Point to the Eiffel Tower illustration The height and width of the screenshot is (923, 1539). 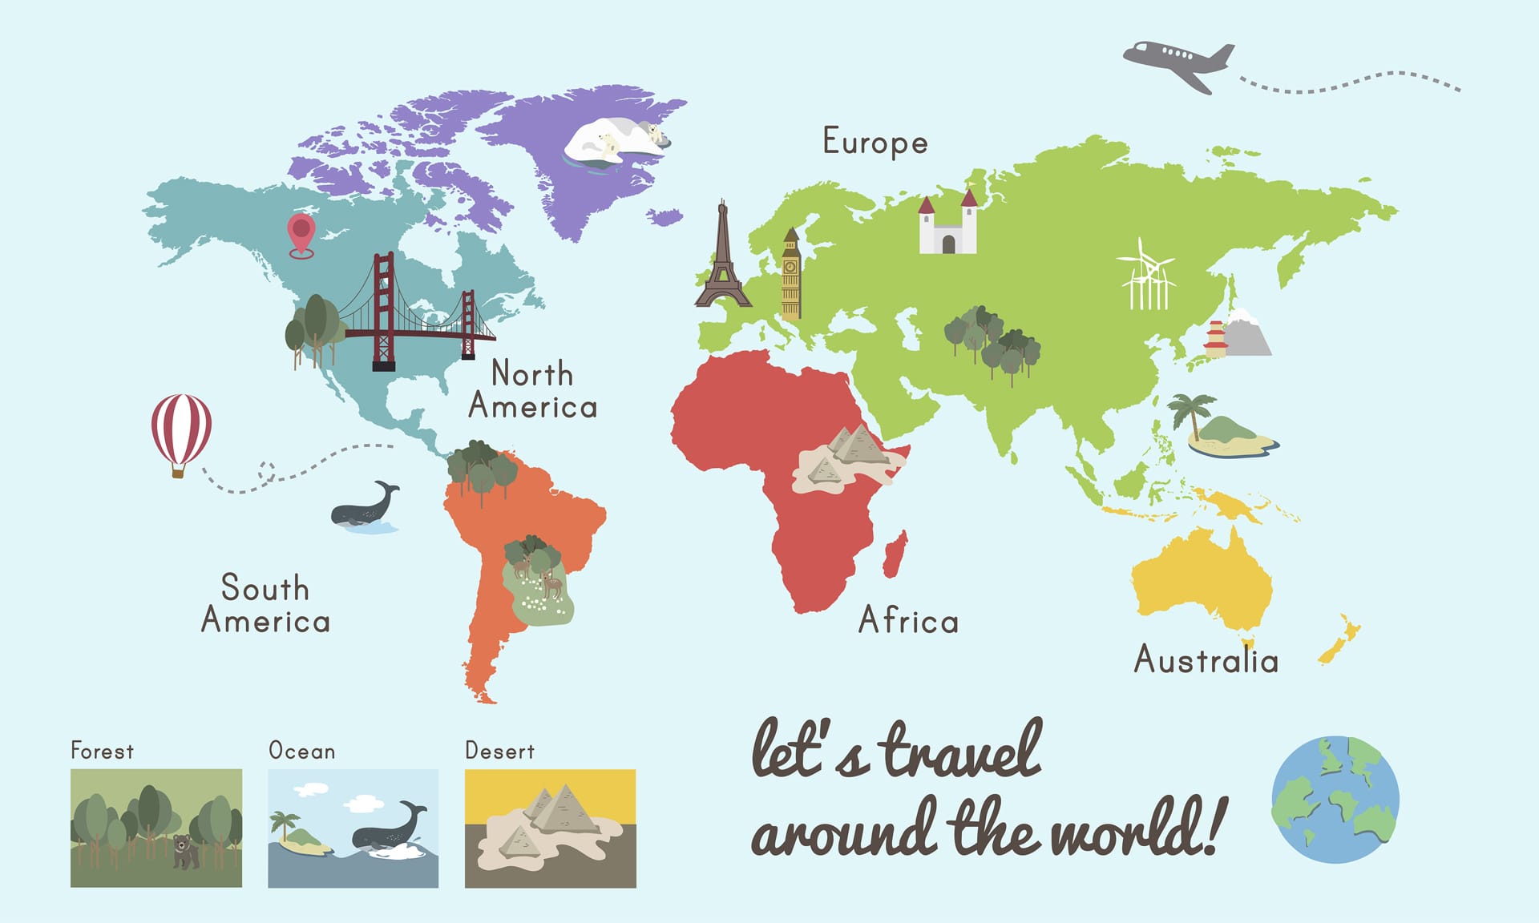[723, 260]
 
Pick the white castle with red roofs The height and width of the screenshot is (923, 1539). [947, 226]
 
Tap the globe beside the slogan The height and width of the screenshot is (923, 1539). [1335, 800]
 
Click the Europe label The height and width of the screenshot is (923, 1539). [875, 143]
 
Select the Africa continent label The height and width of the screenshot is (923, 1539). [908, 621]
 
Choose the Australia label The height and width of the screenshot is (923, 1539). [1206, 660]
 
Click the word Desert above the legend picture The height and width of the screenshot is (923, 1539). [499, 752]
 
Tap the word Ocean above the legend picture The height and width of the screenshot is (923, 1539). [301, 752]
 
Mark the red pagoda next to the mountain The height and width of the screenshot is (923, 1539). [1215, 339]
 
